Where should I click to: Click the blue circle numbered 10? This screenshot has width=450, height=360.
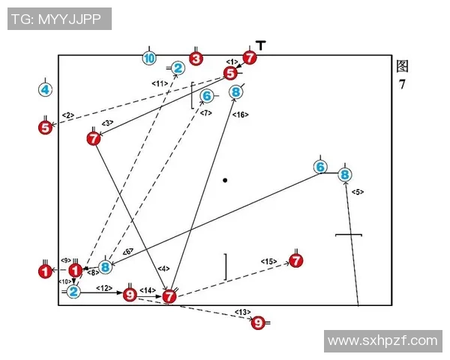click(x=149, y=58)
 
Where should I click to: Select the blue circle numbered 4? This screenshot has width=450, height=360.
click(x=46, y=90)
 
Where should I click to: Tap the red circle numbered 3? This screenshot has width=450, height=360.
click(x=196, y=58)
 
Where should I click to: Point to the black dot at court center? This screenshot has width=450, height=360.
click(x=225, y=180)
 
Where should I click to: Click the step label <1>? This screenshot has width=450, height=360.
click(x=232, y=61)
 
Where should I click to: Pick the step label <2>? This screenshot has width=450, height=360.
click(x=67, y=115)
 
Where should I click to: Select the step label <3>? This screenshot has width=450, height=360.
click(x=108, y=122)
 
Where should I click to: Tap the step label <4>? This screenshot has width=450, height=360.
click(x=164, y=268)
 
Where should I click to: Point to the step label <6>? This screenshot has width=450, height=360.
click(x=127, y=252)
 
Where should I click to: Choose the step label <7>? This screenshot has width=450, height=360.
click(x=206, y=112)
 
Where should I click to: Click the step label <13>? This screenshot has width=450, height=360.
click(x=241, y=311)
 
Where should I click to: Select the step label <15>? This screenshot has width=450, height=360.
click(x=269, y=261)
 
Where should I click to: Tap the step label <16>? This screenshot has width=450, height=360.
click(x=241, y=114)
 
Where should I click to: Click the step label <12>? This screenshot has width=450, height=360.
click(x=104, y=288)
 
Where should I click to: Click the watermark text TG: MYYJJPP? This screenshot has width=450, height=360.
click(x=60, y=19)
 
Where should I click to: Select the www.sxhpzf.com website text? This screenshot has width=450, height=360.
click(x=382, y=340)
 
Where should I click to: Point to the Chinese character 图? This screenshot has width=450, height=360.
click(x=403, y=66)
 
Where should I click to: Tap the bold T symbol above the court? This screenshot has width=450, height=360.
click(x=260, y=46)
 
